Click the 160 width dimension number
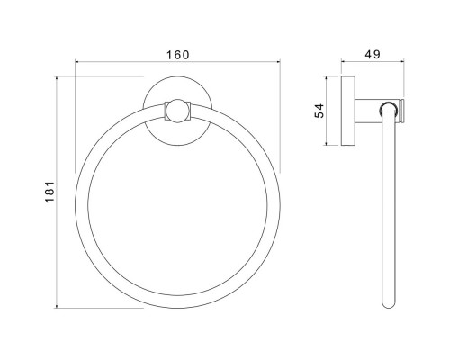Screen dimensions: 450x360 (178, 55)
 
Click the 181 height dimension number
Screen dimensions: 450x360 (50, 192)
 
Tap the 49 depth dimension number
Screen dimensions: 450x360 (373, 55)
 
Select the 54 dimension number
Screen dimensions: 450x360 (319, 111)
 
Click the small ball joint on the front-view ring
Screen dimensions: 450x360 (177, 111)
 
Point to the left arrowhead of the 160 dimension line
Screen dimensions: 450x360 (76, 62)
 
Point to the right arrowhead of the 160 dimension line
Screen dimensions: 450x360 (278, 62)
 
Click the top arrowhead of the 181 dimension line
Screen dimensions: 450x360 (57, 78)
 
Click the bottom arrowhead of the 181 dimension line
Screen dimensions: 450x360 (57, 306)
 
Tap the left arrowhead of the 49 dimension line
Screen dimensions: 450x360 (343, 62)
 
